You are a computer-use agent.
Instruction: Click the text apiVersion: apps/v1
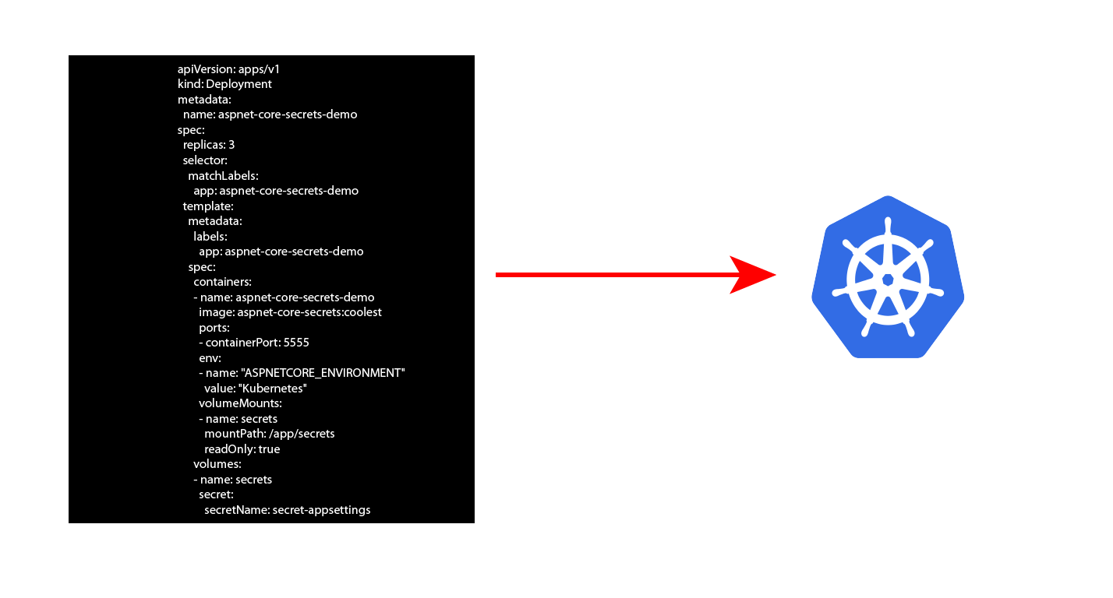(228, 69)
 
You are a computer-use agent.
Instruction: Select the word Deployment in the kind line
(238, 84)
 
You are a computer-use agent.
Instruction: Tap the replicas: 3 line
(209, 145)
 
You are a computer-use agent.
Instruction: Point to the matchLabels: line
(223, 176)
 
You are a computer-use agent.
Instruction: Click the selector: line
(205, 160)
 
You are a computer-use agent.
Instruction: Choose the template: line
(208, 206)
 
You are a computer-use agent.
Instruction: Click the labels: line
(210, 236)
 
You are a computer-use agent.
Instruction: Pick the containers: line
(223, 282)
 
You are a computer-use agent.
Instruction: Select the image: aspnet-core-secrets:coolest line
(290, 312)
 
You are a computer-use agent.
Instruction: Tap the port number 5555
(296, 343)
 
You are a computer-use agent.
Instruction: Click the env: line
(210, 358)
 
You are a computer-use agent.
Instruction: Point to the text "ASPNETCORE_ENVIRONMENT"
(323, 373)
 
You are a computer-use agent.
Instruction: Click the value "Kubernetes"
(273, 388)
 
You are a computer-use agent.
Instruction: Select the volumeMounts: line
(241, 403)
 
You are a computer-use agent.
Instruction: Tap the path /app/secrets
(302, 434)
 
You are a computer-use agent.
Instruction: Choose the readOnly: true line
(242, 449)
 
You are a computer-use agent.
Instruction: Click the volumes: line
(217, 464)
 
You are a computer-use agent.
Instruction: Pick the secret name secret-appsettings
(321, 510)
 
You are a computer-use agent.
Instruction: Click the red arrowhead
(752, 274)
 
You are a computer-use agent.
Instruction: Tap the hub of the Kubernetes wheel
(888, 280)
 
